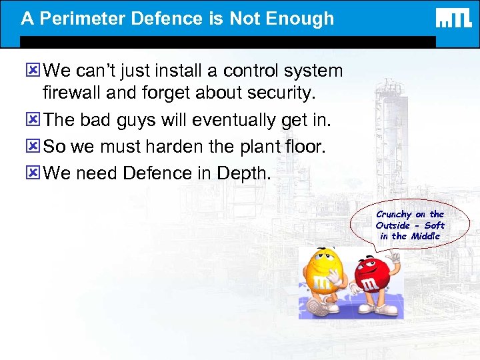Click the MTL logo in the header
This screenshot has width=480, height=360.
(x=453, y=18)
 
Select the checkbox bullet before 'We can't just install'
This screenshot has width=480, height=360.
(x=33, y=71)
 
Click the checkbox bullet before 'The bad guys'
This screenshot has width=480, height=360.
(x=33, y=121)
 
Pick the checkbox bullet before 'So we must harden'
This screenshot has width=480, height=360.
(x=33, y=147)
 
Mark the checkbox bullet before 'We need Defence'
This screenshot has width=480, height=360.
(x=33, y=173)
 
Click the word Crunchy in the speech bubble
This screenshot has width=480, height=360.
(x=394, y=214)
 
